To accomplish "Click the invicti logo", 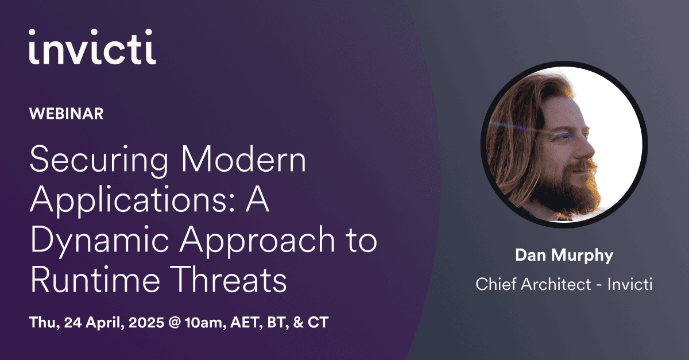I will [92, 47].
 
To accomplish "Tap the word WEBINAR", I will [66, 114].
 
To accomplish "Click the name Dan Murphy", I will [564, 255].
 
